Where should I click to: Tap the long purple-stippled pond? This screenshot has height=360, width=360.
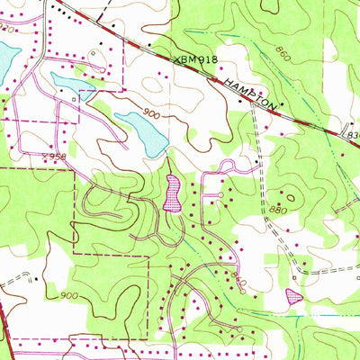coord(172,193)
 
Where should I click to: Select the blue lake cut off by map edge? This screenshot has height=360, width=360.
coord(5,61)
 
